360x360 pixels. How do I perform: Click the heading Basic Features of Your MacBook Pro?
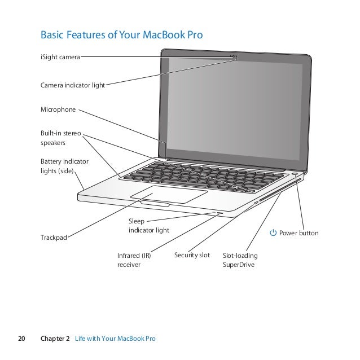pos(121,36)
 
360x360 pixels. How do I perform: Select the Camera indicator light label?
pos(72,86)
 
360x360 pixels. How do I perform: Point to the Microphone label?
pos(58,111)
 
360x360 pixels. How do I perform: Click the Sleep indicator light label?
pos(148,226)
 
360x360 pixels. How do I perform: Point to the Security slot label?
pos(192,256)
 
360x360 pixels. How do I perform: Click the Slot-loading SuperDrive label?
pos(239,260)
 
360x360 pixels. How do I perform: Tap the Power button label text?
pos(298,233)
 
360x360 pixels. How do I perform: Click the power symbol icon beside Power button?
pos(273,233)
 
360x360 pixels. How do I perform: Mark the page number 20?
pos(22,339)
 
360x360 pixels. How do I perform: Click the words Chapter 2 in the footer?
pos(55,339)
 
